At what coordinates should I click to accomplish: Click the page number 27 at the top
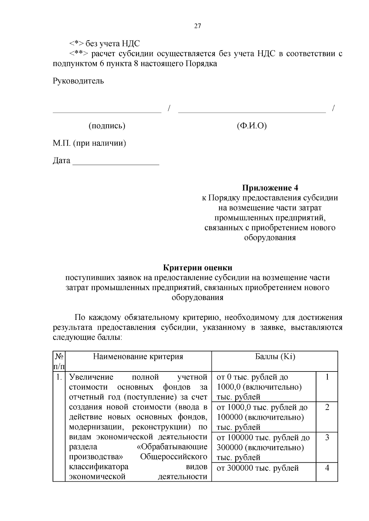pyautogui.click(x=197, y=26)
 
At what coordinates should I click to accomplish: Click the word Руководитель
pyautogui.click(x=78, y=81)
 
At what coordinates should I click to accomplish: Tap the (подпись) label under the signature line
pyautogui.click(x=107, y=126)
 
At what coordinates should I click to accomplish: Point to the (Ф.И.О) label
pyautogui.click(x=252, y=126)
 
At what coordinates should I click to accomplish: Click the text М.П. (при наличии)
pyautogui.click(x=89, y=143)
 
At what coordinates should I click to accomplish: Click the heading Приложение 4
pyautogui.click(x=270, y=188)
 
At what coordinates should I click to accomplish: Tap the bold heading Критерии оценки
pyautogui.click(x=197, y=268)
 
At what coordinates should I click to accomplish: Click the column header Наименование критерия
pyautogui.click(x=138, y=356)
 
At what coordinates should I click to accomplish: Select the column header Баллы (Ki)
pyautogui.click(x=275, y=356)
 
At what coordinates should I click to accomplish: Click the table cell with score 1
pyautogui.click(x=327, y=377)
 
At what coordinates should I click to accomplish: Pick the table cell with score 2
pyautogui.click(x=327, y=407)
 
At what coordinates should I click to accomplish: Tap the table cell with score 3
pyautogui.click(x=327, y=437)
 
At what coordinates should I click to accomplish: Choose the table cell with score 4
pyautogui.click(x=327, y=468)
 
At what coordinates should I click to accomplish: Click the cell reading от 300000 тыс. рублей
pyautogui.click(x=258, y=468)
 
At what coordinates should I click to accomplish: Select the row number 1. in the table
pyautogui.click(x=59, y=377)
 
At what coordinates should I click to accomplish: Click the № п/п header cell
pyautogui.click(x=59, y=361)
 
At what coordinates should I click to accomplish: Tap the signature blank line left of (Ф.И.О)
pyautogui.click(x=252, y=112)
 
